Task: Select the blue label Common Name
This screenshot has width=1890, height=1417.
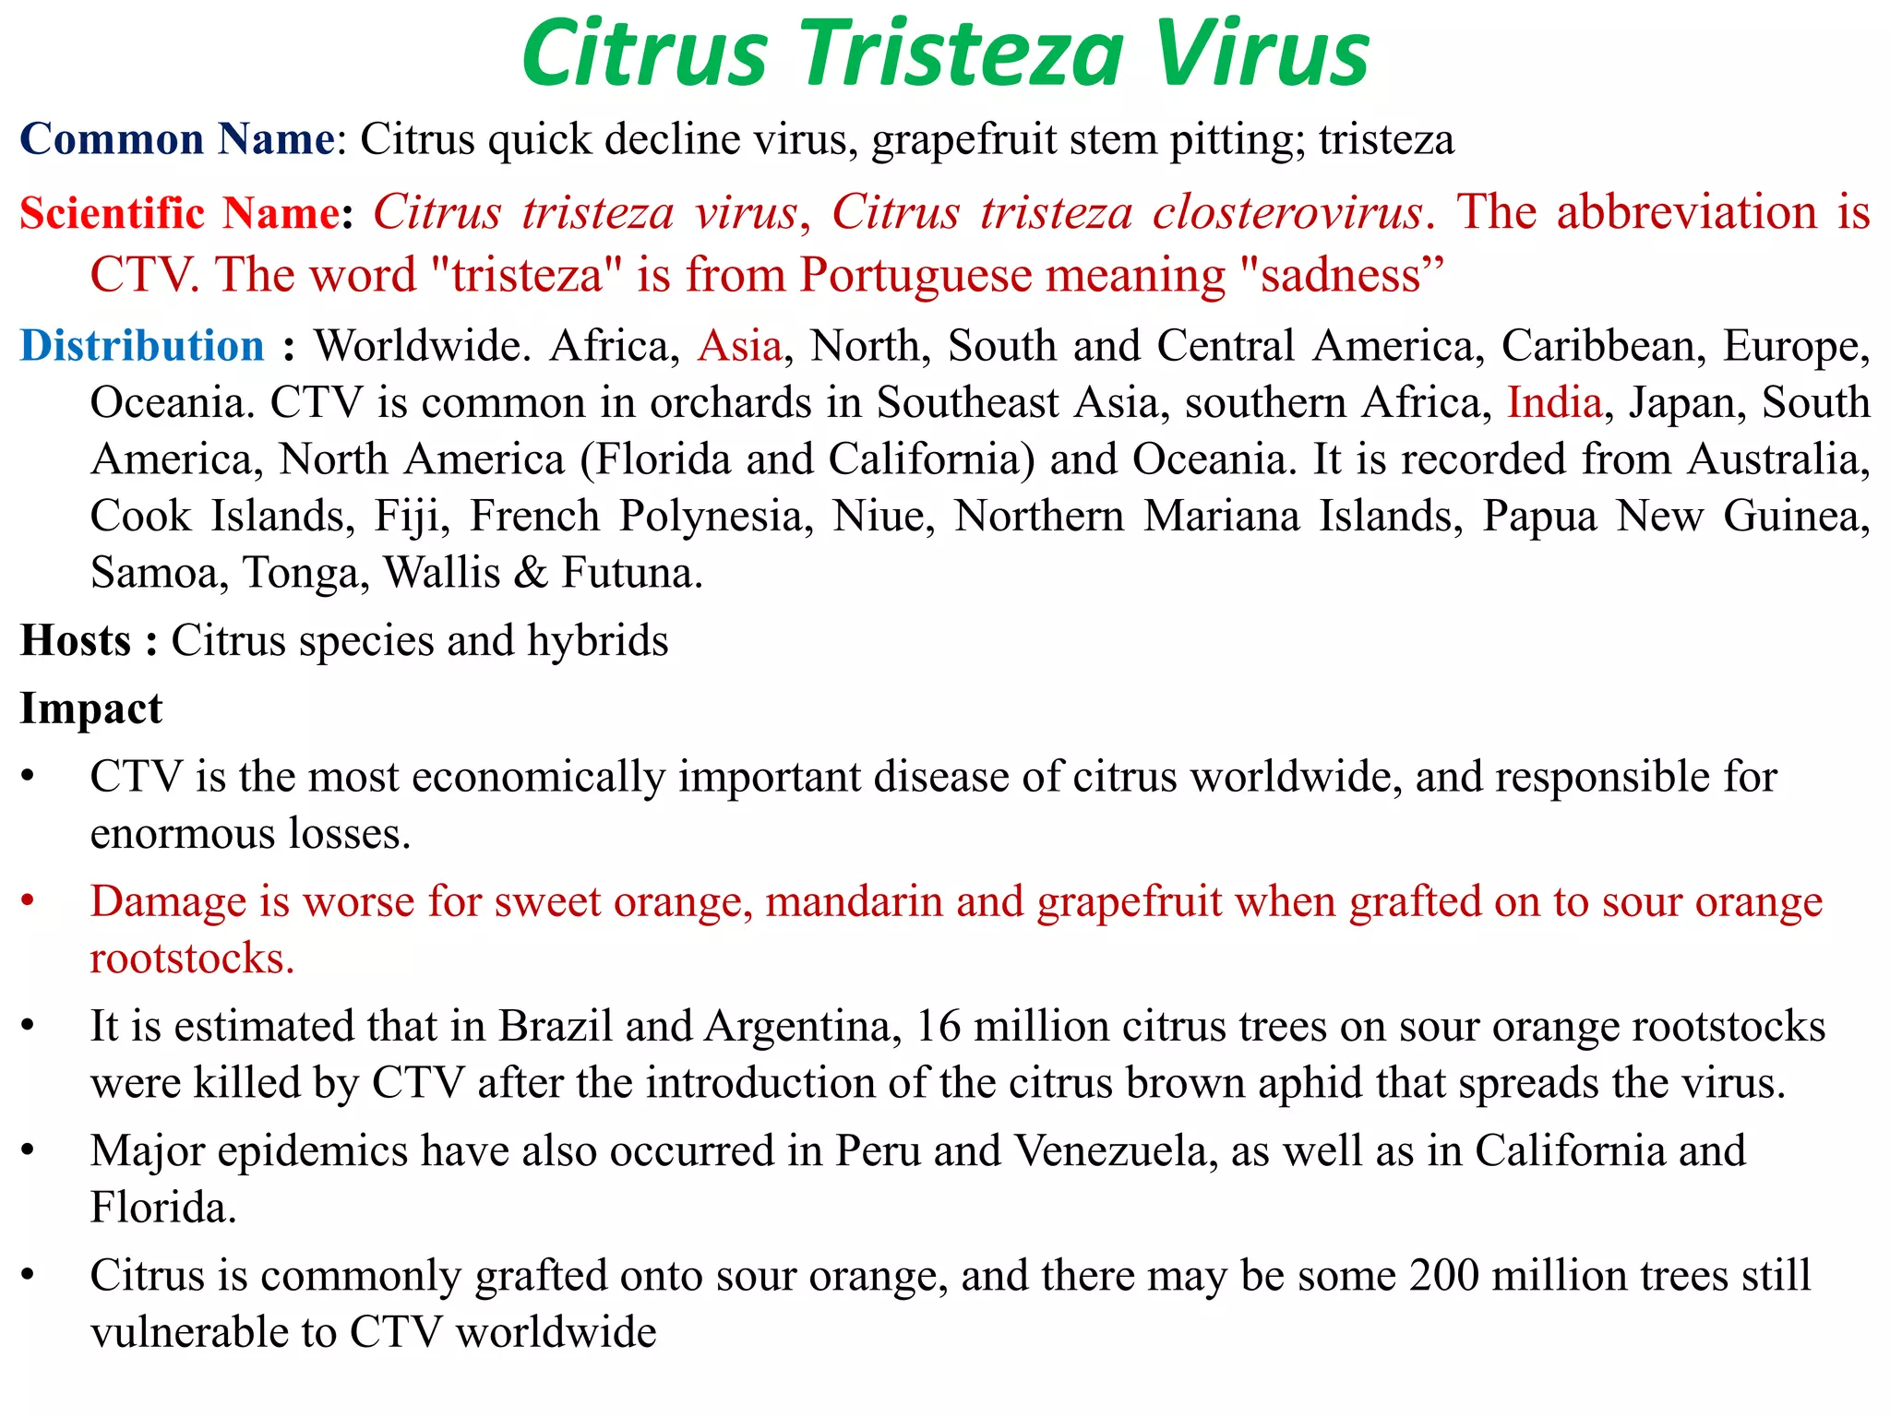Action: [x=176, y=140]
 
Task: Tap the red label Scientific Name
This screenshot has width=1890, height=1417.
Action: [x=179, y=214]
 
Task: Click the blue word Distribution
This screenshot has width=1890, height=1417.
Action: [x=142, y=346]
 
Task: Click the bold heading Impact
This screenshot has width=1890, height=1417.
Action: [x=91, y=709]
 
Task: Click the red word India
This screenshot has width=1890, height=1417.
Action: [x=1554, y=403]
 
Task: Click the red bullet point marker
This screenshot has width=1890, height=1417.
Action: [x=29, y=899]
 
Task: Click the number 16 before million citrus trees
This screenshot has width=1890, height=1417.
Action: [x=939, y=1027]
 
